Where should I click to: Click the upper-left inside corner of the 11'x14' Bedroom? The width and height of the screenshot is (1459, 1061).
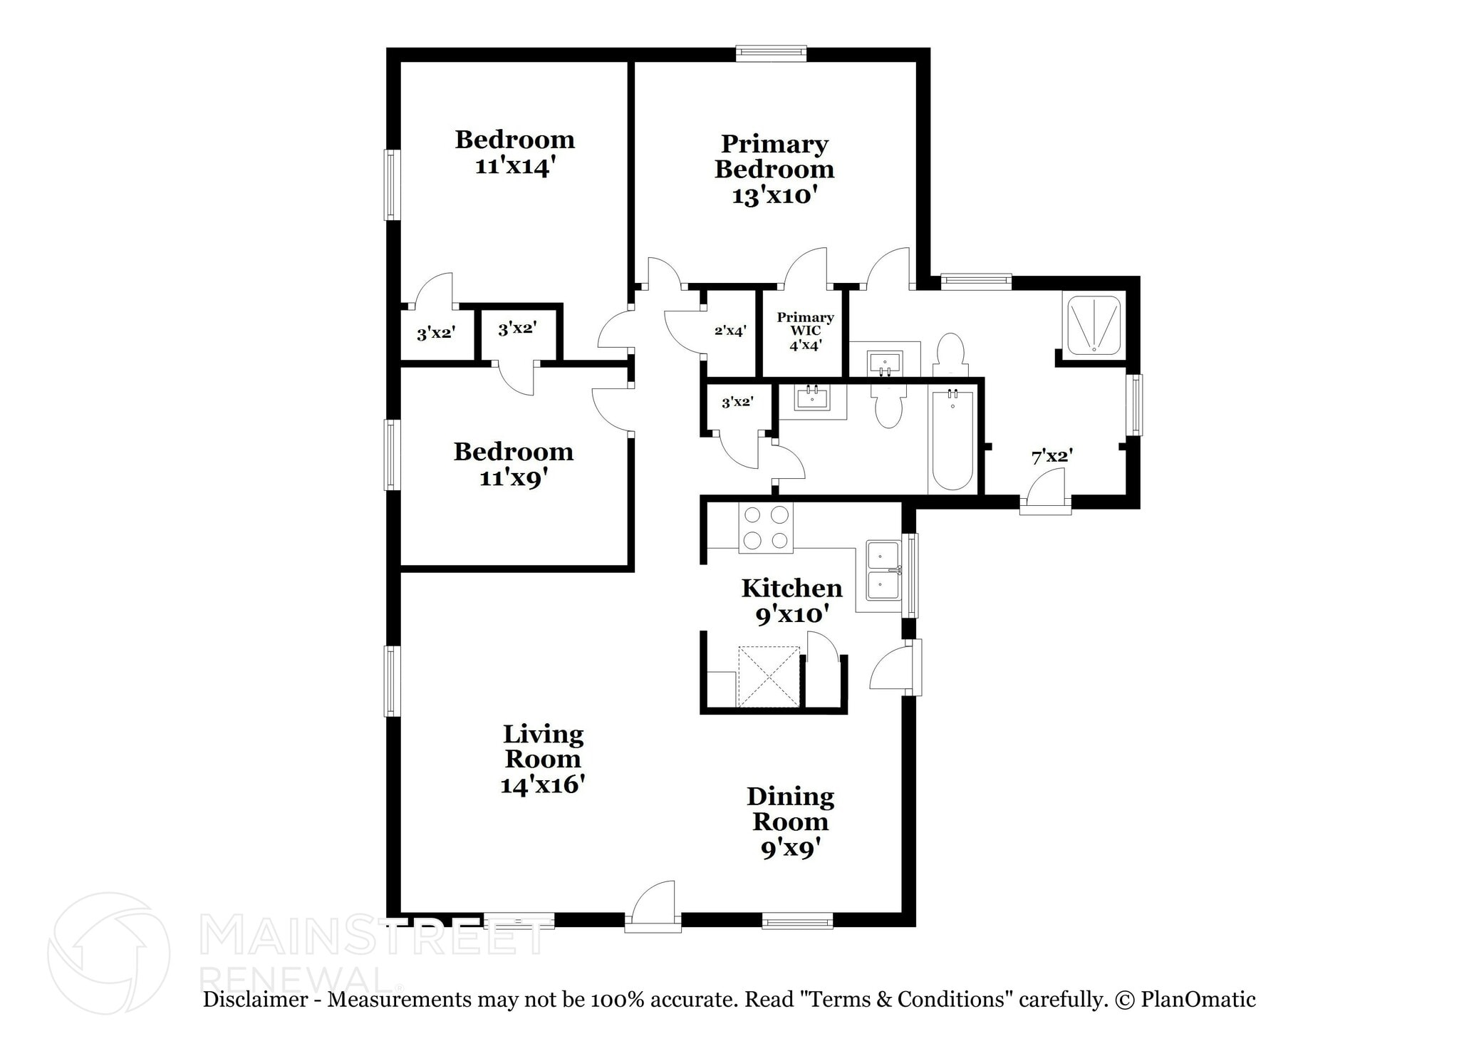tap(401, 63)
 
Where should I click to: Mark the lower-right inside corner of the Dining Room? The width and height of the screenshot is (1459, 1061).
tap(902, 913)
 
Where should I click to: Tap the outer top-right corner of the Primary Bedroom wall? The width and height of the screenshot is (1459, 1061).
tap(930, 48)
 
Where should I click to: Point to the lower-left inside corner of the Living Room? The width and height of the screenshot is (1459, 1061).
tap(401, 913)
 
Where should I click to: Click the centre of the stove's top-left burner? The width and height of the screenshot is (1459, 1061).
tap(752, 514)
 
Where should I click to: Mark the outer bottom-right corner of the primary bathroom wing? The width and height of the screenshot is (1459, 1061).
tap(1140, 508)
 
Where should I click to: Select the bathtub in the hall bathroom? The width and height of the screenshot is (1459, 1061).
tap(953, 440)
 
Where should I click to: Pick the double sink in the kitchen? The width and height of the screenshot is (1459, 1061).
tap(884, 571)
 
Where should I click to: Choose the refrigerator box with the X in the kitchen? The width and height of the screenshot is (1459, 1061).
tap(769, 676)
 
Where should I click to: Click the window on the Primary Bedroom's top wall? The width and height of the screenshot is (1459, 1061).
tap(771, 54)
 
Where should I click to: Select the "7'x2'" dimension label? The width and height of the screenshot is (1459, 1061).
tap(1052, 456)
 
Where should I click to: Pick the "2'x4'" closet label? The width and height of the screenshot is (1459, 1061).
tap(730, 331)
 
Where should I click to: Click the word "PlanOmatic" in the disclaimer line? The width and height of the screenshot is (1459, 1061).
tap(1198, 999)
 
